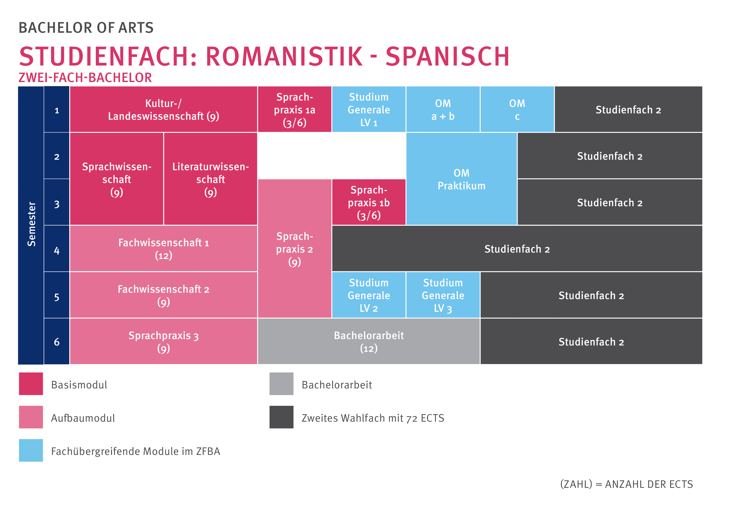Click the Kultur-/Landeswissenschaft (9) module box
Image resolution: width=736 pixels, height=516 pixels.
point(164,110)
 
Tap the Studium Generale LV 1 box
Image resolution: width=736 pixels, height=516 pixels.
point(369,110)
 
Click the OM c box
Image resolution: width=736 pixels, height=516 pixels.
point(517,110)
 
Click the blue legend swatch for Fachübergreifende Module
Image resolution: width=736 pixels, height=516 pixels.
point(31,450)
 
